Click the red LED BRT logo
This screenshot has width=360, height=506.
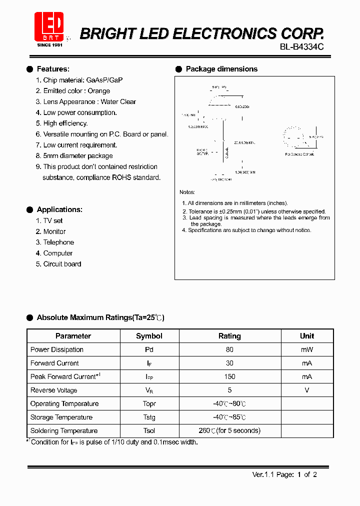49,27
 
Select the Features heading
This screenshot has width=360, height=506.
53,69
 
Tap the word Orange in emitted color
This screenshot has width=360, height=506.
98,91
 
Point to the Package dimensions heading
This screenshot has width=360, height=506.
221,69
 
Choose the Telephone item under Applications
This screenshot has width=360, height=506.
58,242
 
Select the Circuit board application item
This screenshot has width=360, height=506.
61,264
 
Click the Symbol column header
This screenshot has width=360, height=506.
149,336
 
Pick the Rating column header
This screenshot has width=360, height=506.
229,336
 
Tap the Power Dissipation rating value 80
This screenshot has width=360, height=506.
229,349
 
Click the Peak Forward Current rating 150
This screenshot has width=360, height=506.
229,376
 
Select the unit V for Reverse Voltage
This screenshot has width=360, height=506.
306,390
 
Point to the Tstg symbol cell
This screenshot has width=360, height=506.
149,417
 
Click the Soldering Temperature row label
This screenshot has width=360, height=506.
64,430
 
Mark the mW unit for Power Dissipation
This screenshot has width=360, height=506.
306,349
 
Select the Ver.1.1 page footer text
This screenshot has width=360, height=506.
284,474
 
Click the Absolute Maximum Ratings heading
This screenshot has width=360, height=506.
100,317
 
